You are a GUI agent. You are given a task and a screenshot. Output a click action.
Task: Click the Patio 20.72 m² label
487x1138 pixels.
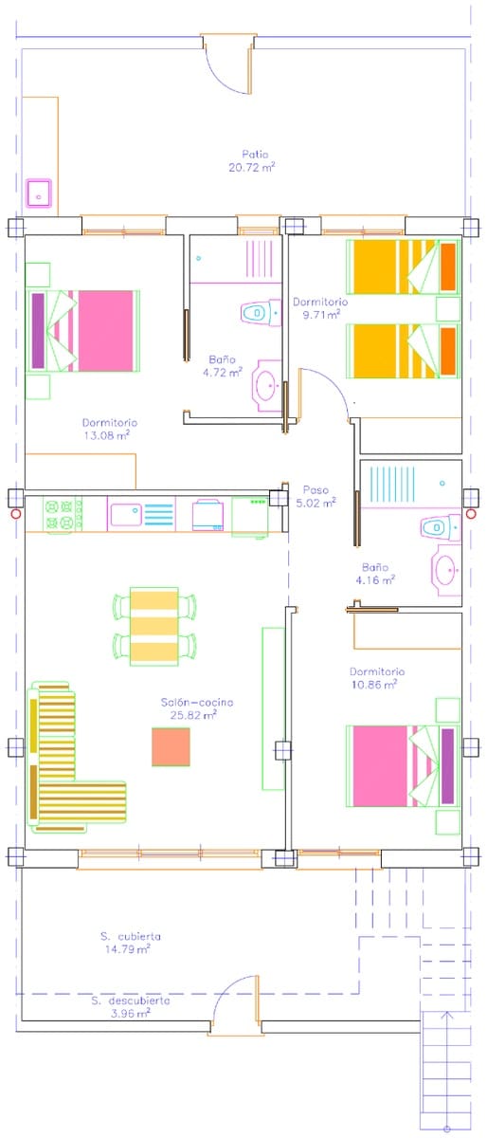[x=252, y=161]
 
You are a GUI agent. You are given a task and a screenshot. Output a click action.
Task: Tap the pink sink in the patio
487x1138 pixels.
[x=39, y=193]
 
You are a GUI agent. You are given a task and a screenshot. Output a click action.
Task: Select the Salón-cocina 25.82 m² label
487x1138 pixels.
[x=197, y=708]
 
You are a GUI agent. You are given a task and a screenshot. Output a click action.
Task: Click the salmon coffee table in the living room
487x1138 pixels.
[x=171, y=747]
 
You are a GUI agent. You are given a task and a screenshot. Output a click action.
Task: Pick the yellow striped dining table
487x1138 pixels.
[x=154, y=627]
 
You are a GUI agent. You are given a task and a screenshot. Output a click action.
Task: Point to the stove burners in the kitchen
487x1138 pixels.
[x=61, y=514]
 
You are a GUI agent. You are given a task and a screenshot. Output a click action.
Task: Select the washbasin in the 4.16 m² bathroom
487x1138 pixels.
[x=446, y=570]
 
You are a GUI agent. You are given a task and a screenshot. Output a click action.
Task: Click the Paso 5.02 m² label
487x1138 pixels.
[x=316, y=496]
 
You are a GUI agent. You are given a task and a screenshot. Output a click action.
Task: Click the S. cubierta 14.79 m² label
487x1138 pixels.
[x=130, y=943]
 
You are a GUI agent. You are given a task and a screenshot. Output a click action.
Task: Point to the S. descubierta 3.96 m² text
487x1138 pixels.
[x=131, y=1007]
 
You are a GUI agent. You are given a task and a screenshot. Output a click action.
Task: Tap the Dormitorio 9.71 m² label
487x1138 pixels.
[x=320, y=308]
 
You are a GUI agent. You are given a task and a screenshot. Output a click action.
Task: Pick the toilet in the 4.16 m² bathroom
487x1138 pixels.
[x=441, y=528]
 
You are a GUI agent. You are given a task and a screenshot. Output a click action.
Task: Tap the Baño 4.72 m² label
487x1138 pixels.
[x=223, y=366]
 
